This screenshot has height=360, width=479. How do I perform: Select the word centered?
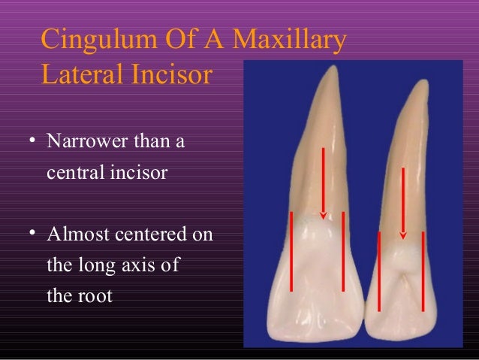pyautogui.click(x=150, y=234)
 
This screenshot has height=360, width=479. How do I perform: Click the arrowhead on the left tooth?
pyautogui.click(x=324, y=216)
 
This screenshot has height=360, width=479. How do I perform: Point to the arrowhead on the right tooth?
pyautogui.click(x=403, y=236)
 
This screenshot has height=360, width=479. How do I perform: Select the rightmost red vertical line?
pyautogui.click(x=423, y=271)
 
